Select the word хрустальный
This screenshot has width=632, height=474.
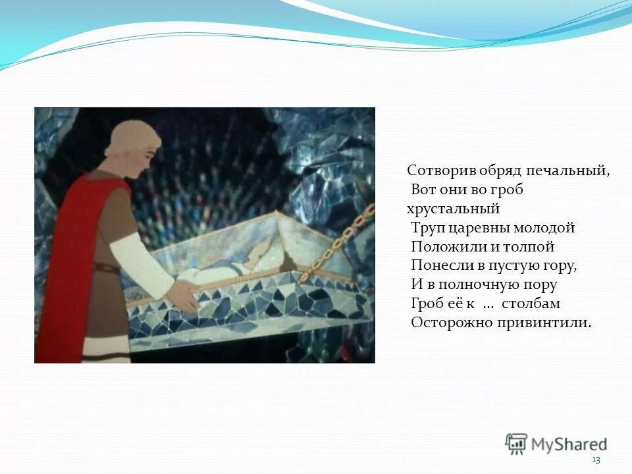(x=454, y=209)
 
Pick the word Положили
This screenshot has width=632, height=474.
(x=445, y=247)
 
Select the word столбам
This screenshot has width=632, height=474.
(x=531, y=304)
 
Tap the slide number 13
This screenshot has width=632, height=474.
(x=596, y=460)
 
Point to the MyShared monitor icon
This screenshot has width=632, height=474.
(x=516, y=444)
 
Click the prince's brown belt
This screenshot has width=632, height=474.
(x=106, y=269)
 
